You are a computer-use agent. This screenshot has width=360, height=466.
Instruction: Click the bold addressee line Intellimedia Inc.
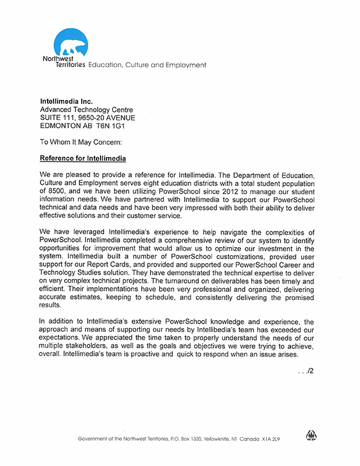pos(66,102)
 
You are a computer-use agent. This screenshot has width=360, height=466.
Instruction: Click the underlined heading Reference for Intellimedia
pos(82,158)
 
